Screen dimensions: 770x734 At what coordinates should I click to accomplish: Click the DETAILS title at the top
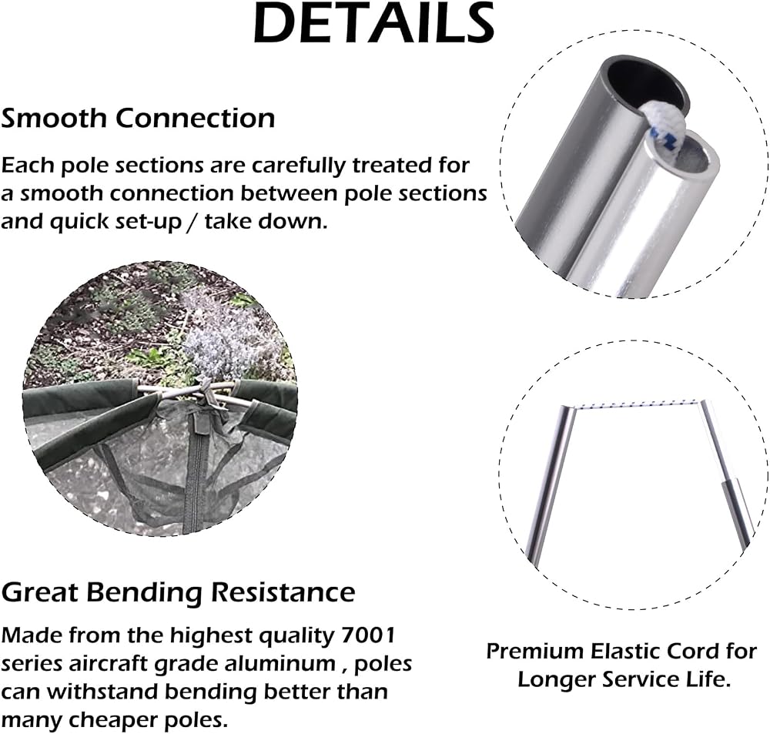click(x=373, y=23)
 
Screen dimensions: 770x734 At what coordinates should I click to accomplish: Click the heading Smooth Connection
click(x=138, y=119)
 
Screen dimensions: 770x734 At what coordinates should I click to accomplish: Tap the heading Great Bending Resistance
click(x=178, y=592)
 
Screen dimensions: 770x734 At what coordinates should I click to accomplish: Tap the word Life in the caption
click(x=711, y=680)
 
